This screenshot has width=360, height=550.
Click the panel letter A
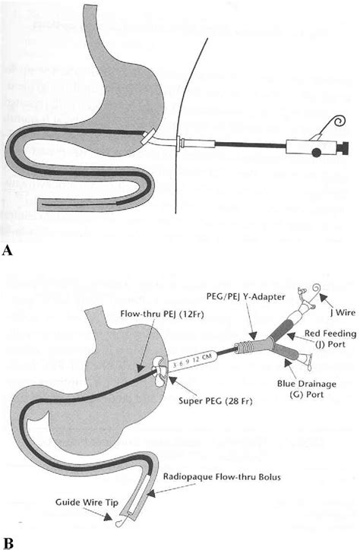pyautogui.click(x=9, y=248)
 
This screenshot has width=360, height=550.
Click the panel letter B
pyautogui.click(x=9, y=542)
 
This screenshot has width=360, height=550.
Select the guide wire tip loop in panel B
pyautogui.click(x=118, y=523)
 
